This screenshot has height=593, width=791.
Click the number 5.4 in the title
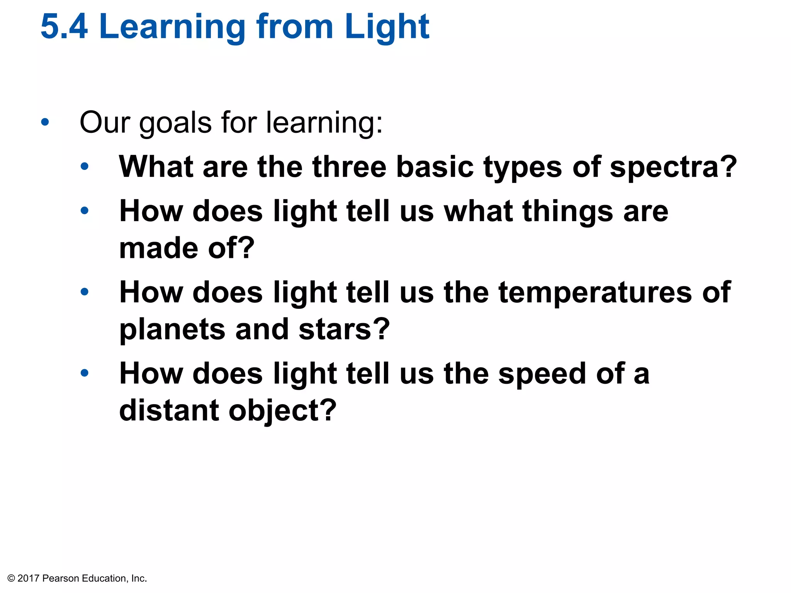[x=64, y=27]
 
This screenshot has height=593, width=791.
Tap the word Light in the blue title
[x=387, y=27]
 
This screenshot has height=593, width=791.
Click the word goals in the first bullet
[x=175, y=123]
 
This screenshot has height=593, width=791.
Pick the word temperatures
[x=595, y=293]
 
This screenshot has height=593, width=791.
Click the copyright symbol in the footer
[x=11, y=578]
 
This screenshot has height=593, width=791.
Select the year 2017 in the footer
[x=29, y=578]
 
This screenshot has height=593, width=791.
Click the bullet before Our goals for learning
[x=45, y=122]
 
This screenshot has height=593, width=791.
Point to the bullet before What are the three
[x=85, y=167]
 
